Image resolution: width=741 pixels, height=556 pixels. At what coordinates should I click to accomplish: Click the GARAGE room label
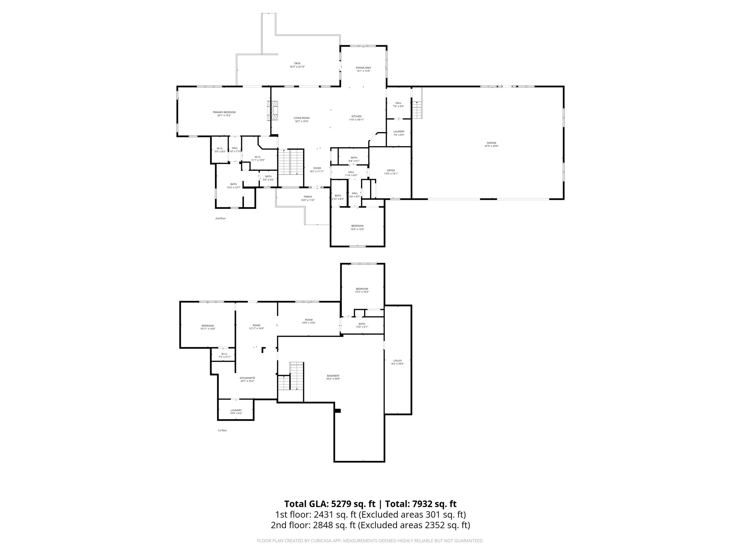click(491, 143)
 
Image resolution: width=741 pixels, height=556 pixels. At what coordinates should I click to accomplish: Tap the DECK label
click(297, 63)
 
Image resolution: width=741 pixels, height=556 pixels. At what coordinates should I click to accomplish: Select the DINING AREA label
click(363, 68)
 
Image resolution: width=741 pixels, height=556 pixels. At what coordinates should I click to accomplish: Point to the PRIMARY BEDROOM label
click(224, 112)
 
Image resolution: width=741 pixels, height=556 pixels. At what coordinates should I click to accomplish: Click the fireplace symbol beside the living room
click(273, 110)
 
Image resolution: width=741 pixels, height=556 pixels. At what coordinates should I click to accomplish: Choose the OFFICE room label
click(391, 170)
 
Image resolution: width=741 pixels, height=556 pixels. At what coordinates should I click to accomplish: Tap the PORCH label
click(308, 197)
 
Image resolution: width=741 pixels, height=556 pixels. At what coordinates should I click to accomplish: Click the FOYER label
click(317, 168)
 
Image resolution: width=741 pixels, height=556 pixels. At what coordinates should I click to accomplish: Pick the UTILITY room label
click(398, 361)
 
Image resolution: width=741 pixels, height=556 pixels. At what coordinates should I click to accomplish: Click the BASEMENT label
click(333, 376)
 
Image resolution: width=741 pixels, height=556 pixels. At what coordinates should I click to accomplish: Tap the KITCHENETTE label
click(247, 378)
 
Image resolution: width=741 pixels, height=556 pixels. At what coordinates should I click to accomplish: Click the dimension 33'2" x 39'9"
click(333, 379)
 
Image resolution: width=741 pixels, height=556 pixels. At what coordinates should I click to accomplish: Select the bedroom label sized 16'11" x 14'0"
click(208, 325)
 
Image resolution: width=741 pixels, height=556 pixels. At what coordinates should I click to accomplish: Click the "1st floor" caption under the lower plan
click(222, 430)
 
